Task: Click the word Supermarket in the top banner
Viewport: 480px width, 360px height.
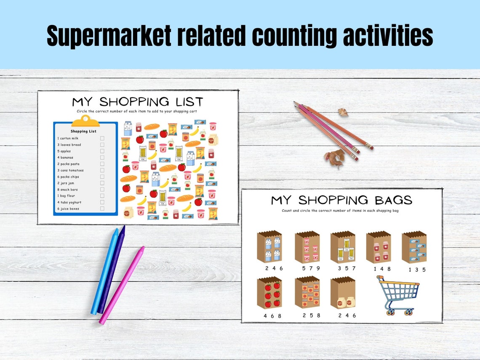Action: click(x=109, y=36)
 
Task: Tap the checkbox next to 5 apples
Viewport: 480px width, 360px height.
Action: click(x=102, y=151)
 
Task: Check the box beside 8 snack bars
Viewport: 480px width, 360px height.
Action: click(x=102, y=189)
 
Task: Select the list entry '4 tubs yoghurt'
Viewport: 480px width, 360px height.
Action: click(x=69, y=203)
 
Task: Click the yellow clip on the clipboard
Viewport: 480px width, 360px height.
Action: click(x=85, y=121)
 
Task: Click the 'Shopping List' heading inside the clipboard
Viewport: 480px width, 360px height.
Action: click(x=83, y=131)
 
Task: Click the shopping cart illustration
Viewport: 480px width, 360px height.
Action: click(x=398, y=295)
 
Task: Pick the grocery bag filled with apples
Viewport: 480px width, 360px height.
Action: click(x=269, y=293)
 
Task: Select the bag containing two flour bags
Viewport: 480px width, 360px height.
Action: click(x=342, y=293)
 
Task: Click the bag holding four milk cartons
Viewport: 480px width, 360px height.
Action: click(x=269, y=247)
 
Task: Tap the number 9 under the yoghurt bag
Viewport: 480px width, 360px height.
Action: click(x=318, y=268)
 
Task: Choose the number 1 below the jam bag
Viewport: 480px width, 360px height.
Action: click(x=375, y=269)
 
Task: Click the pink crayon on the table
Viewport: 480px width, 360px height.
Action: click(x=122, y=285)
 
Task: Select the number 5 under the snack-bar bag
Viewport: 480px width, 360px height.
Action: click(x=424, y=269)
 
